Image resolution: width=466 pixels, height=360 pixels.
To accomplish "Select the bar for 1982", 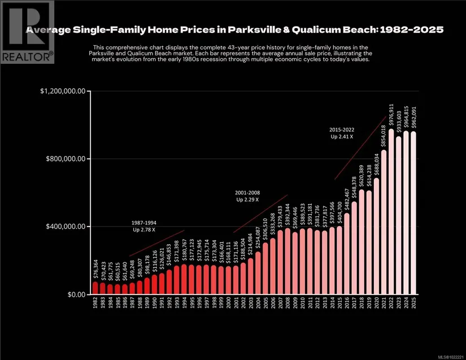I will click(95, 288).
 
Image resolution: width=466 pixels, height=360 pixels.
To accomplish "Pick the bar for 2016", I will click(347, 254).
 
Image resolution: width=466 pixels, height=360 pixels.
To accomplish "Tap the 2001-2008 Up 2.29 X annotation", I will click(247, 196).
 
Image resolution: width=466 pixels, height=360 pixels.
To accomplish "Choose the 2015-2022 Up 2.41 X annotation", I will click(341, 133).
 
